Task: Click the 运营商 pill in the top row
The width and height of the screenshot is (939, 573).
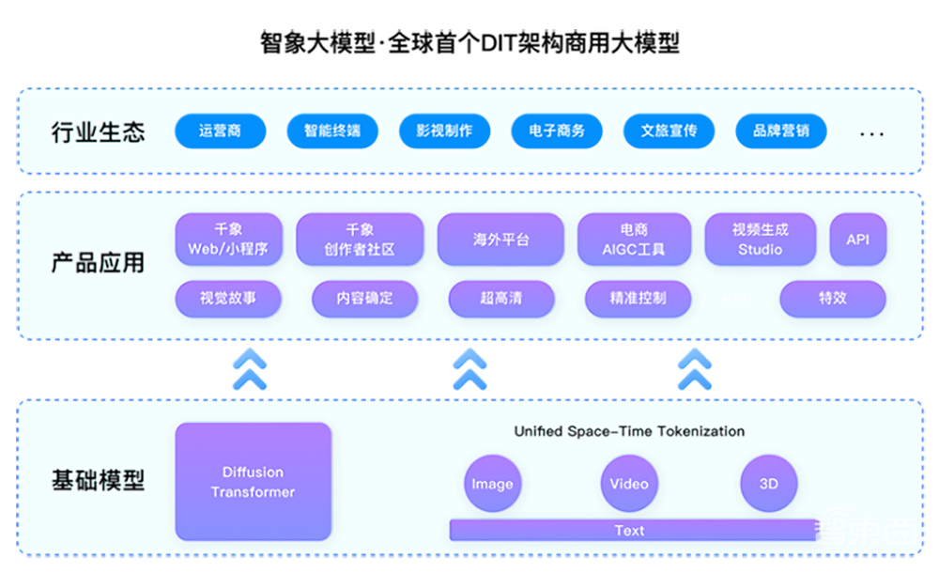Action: point(220,132)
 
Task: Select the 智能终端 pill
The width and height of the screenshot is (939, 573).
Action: point(331,132)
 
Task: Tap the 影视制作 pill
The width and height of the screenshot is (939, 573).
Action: point(444,132)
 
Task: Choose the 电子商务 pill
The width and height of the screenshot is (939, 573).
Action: point(557,132)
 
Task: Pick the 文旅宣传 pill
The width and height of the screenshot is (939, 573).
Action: point(669,132)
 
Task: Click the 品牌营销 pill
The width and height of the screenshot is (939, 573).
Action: point(780,132)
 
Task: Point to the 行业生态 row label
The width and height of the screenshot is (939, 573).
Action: point(98,132)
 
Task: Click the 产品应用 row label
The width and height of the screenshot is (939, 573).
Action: point(98,263)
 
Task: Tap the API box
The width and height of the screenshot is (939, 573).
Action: point(857,240)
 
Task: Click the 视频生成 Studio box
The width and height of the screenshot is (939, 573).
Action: point(760,240)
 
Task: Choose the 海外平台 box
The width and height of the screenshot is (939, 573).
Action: point(500,240)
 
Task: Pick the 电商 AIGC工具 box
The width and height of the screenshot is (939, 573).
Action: point(633,240)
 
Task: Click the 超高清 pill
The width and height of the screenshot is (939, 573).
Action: point(500,299)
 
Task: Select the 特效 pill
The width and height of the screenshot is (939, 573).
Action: point(832,299)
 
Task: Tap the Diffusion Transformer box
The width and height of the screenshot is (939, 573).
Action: point(253,482)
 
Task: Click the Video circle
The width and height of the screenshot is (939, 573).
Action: point(628,484)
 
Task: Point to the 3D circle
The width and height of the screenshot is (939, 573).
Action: point(768,484)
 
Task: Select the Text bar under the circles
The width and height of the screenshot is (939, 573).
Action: point(629,531)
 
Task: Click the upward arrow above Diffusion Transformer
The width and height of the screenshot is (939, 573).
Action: point(250,369)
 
